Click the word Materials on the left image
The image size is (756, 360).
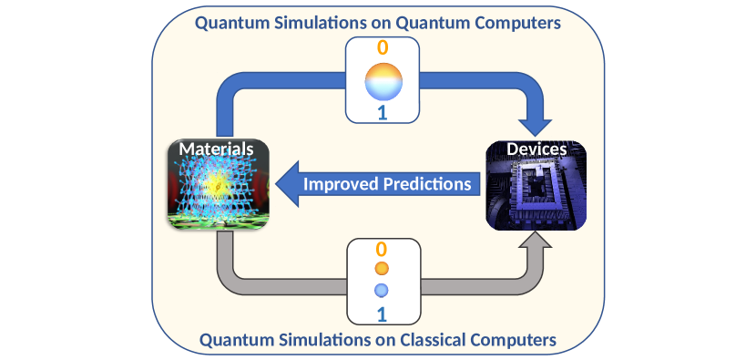click(216, 149)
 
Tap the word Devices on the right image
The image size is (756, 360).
click(536, 149)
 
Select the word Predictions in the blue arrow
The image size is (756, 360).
click(427, 184)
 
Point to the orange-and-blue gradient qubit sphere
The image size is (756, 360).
click(383, 81)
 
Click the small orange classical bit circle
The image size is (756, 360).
click(382, 268)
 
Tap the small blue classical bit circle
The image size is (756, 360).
click(382, 290)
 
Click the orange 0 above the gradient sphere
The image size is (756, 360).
click(383, 47)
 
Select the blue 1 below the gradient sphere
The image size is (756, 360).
click(383, 113)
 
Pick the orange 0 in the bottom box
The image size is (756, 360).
click(382, 250)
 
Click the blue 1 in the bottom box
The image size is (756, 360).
click(382, 314)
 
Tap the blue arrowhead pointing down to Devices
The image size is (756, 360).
click(535, 127)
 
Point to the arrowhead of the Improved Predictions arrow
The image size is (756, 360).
click(288, 184)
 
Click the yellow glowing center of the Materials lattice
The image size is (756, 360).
click(217, 186)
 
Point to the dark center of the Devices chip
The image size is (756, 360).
click(534, 190)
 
